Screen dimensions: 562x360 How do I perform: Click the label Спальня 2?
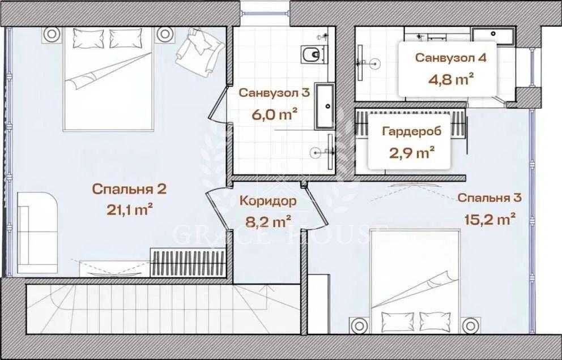pyautogui.click(x=129, y=189)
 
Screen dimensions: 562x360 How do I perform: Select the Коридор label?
pyautogui.click(x=268, y=201)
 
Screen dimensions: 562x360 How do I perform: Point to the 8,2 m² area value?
pyautogui.click(x=268, y=221)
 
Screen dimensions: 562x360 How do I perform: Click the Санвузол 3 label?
pyautogui.click(x=274, y=93)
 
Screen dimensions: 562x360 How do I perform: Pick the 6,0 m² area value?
pyautogui.click(x=275, y=115)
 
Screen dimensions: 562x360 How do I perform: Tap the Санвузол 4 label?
pyautogui.click(x=450, y=58)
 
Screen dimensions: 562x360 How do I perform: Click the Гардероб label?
pyautogui.click(x=412, y=131)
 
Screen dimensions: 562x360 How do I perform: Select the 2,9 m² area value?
pyautogui.click(x=412, y=153)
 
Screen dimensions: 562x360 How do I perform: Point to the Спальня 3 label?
pyautogui.click(x=489, y=198)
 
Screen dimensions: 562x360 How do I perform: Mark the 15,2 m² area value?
pyautogui.click(x=490, y=219)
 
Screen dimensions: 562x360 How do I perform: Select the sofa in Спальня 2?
pyautogui.click(x=37, y=233)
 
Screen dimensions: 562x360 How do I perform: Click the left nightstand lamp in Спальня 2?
pyautogui.click(x=51, y=35)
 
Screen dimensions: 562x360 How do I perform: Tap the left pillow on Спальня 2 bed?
pyautogui.click(x=88, y=38)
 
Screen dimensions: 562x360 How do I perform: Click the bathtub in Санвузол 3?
pyautogui.click(x=325, y=106)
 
